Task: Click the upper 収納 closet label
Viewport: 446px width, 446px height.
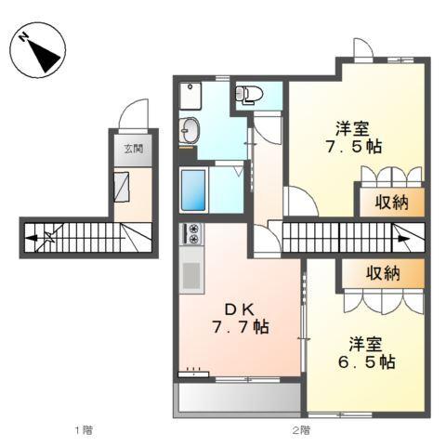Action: (x=389, y=203)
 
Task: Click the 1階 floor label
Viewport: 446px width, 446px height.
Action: (x=84, y=430)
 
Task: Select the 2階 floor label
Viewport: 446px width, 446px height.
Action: (x=298, y=430)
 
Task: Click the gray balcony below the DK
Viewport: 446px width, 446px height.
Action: (x=236, y=398)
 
